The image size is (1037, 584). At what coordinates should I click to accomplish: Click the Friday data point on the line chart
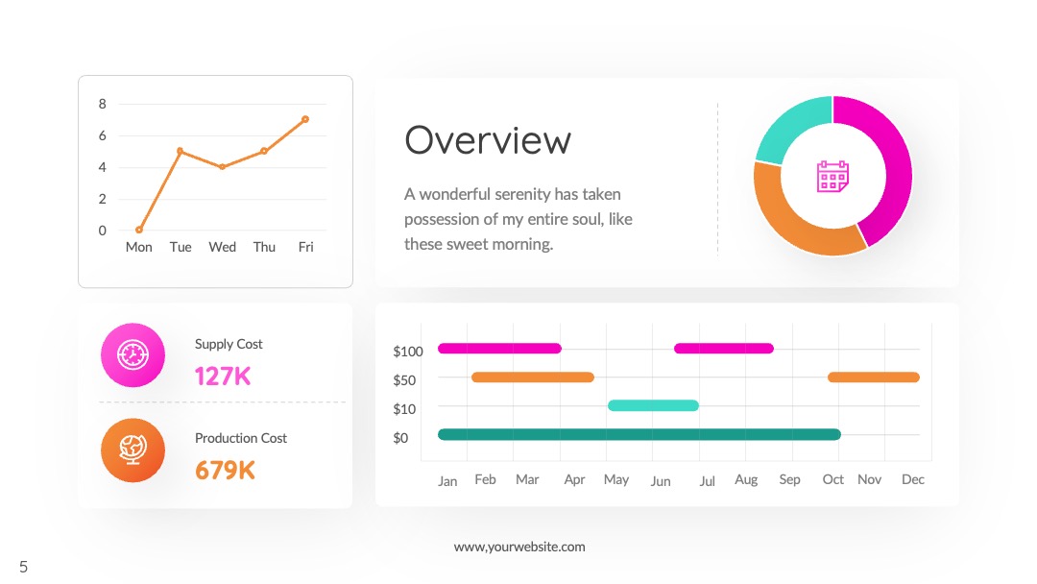[305, 120]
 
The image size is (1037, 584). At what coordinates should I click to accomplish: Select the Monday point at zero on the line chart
[139, 231]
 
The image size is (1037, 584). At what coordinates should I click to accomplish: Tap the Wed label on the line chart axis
[222, 247]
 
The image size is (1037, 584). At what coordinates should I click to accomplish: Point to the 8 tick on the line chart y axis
[102, 104]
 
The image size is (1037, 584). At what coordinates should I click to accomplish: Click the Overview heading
[488, 140]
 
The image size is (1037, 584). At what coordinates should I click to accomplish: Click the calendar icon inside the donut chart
[832, 176]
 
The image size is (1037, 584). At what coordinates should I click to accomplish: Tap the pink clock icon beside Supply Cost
[133, 355]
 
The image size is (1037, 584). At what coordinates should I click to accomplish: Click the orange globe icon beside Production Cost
[133, 450]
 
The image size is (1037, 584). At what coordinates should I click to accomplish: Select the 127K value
[223, 377]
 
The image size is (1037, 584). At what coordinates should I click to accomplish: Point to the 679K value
[225, 471]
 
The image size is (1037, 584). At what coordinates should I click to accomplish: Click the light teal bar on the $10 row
[653, 405]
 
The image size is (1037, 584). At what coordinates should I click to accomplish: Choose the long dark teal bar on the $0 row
[639, 434]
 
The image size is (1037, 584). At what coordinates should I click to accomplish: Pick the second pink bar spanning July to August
[724, 349]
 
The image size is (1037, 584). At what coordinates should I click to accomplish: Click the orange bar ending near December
[874, 377]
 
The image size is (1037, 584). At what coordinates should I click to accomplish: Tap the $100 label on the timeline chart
[408, 352]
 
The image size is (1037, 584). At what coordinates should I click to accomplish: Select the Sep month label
[789, 479]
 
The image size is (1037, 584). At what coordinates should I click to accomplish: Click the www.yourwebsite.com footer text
[519, 547]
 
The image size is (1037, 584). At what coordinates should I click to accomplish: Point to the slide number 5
[24, 567]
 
